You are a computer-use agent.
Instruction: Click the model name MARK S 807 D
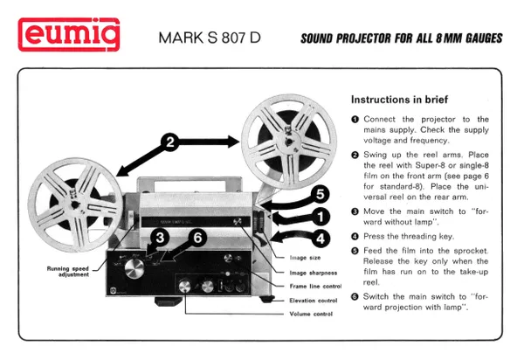pyautogui.click(x=209, y=38)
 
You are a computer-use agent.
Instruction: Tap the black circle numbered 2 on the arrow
pyautogui.click(x=171, y=142)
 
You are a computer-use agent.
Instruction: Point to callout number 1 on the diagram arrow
pyautogui.click(x=321, y=215)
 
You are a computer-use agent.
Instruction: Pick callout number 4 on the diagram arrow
pyautogui.click(x=321, y=236)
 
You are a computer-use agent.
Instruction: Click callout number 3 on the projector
pyautogui.click(x=160, y=237)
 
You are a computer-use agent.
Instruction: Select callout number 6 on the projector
pyautogui.click(x=197, y=237)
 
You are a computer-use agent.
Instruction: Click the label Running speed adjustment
pyautogui.click(x=71, y=272)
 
